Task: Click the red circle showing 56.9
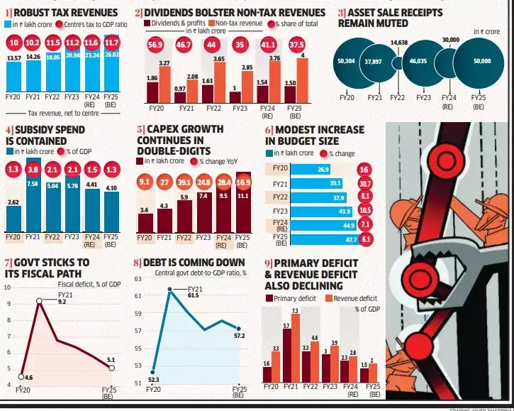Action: tap(154, 44)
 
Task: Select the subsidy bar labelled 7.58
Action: tap(33, 206)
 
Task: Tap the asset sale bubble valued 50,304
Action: tap(347, 62)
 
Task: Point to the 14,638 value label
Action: tap(398, 43)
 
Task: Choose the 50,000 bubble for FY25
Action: tap(481, 62)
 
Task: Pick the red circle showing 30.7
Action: tap(365, 184)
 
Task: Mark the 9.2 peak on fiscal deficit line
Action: tap(40, 301)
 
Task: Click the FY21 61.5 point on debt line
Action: tap(170, 289)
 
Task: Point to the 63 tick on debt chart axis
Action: tap(138, 279)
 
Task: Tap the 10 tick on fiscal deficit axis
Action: tap(8, 287)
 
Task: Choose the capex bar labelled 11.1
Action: tap(243, 211)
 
